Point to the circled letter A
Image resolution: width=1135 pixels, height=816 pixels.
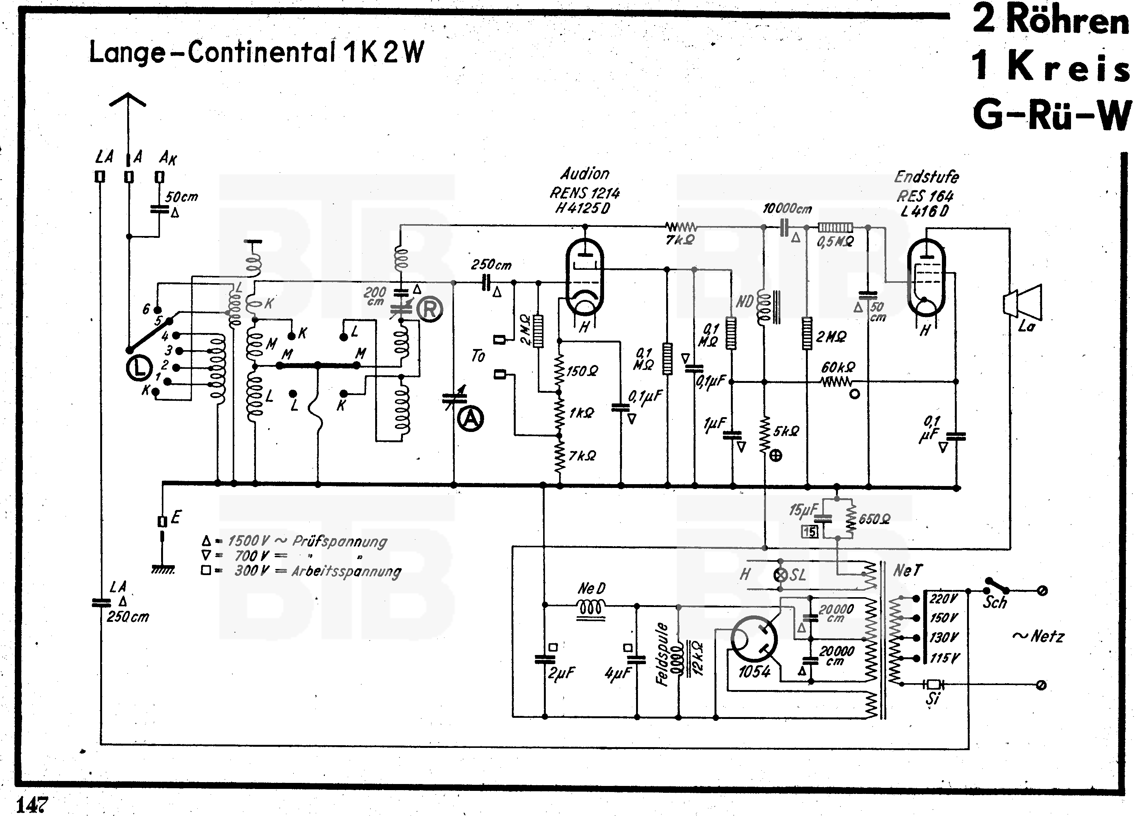click(470, 419)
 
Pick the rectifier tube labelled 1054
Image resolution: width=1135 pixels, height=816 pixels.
click(754, 641)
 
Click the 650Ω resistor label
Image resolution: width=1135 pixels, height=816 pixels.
click(875, 519)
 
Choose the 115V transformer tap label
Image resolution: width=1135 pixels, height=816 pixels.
click(944, 658)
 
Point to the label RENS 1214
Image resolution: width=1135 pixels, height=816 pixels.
click(585, 193)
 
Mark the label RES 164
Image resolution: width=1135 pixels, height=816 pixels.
click(925, 196)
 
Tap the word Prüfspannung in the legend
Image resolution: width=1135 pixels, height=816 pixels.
click(340, 542)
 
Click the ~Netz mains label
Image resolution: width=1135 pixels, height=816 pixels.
click(1038, 636)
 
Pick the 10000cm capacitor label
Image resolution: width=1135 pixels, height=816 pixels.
click(787, 209)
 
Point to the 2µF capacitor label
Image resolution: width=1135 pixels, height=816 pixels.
click(561, 673)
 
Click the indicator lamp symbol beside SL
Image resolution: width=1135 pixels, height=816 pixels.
click(780, 575)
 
